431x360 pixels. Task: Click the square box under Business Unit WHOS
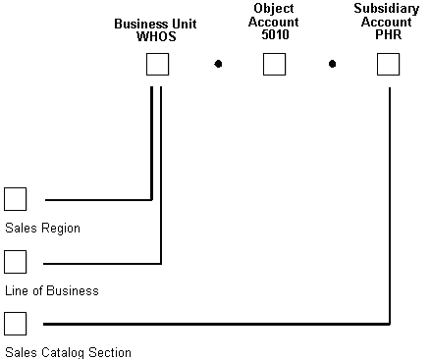[157, 65]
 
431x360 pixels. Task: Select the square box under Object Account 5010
[274, 65]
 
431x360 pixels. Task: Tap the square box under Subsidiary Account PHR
[389, 65]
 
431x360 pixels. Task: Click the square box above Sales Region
[15, 199]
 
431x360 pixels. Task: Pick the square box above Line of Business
[15, 262]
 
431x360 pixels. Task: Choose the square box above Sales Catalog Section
[15, 323]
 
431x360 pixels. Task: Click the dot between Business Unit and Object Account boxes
[218, 65]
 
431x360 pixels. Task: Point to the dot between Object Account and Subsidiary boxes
[333, 65]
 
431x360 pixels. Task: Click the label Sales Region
[42, 229]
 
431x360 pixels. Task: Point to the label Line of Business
[51, 291]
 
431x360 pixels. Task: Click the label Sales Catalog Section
[68, 352]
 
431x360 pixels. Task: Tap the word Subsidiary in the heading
[389, 8]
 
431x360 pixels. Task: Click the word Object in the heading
[274, 8]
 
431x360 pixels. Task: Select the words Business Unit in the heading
[156, 22]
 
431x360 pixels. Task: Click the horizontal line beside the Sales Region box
[98, 199]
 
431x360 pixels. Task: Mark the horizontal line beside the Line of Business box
[102, 263]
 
